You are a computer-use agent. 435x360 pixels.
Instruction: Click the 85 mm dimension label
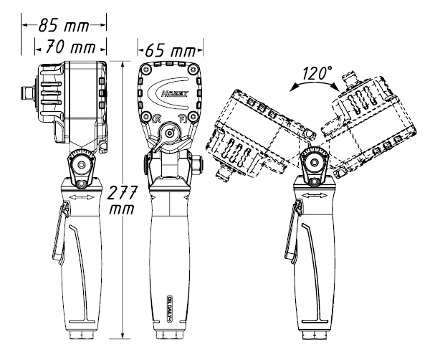(64, 27)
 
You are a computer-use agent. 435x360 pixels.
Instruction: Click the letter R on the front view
(157, 118)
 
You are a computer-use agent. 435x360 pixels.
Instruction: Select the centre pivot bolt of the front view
(171, 132)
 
